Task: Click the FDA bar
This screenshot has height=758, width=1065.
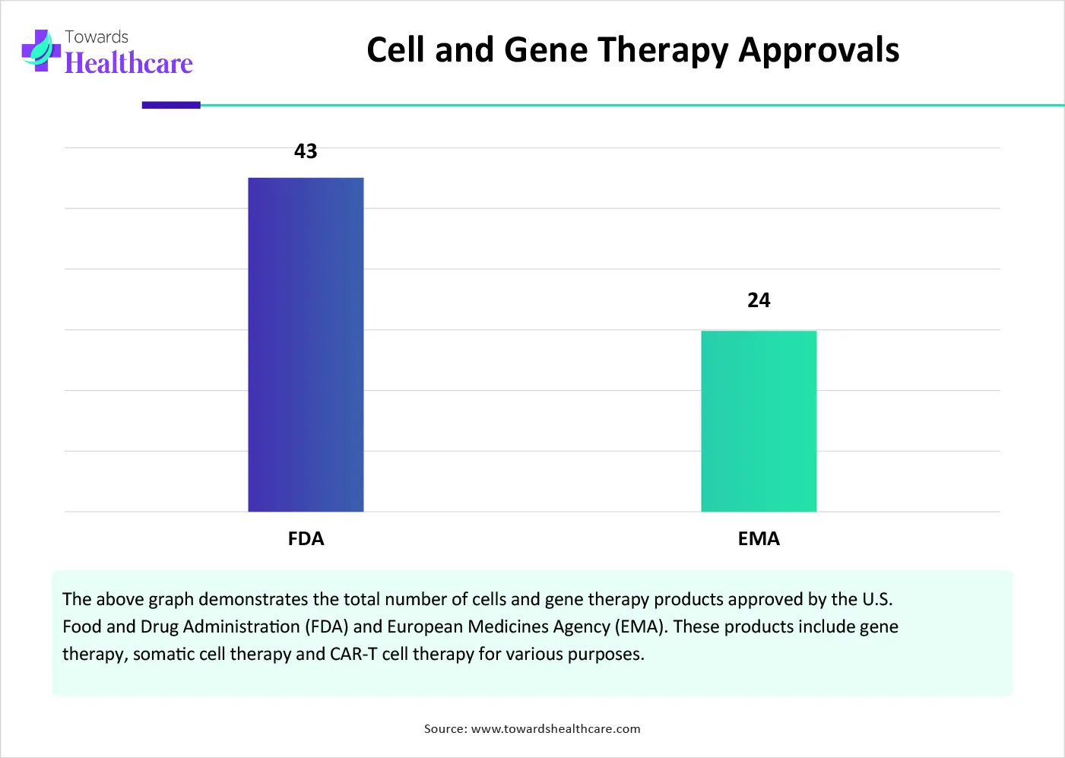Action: (306, 344)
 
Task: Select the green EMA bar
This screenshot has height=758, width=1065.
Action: (759, 421)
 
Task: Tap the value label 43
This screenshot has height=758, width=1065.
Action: (306, 151)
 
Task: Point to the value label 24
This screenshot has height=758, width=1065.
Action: (759, 300)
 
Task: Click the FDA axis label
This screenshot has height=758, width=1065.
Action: (306, 539)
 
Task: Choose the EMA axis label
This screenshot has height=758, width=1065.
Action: (759, 539)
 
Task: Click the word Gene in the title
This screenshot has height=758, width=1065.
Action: (546, 50)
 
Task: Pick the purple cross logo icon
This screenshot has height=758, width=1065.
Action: (41, 50)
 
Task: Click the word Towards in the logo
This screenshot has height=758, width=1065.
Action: (97, 36)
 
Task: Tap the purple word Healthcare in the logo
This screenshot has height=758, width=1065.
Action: (128, 63)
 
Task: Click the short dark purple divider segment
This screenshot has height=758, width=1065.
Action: (171, 105)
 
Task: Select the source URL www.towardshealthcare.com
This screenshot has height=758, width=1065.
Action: (556, 729)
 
